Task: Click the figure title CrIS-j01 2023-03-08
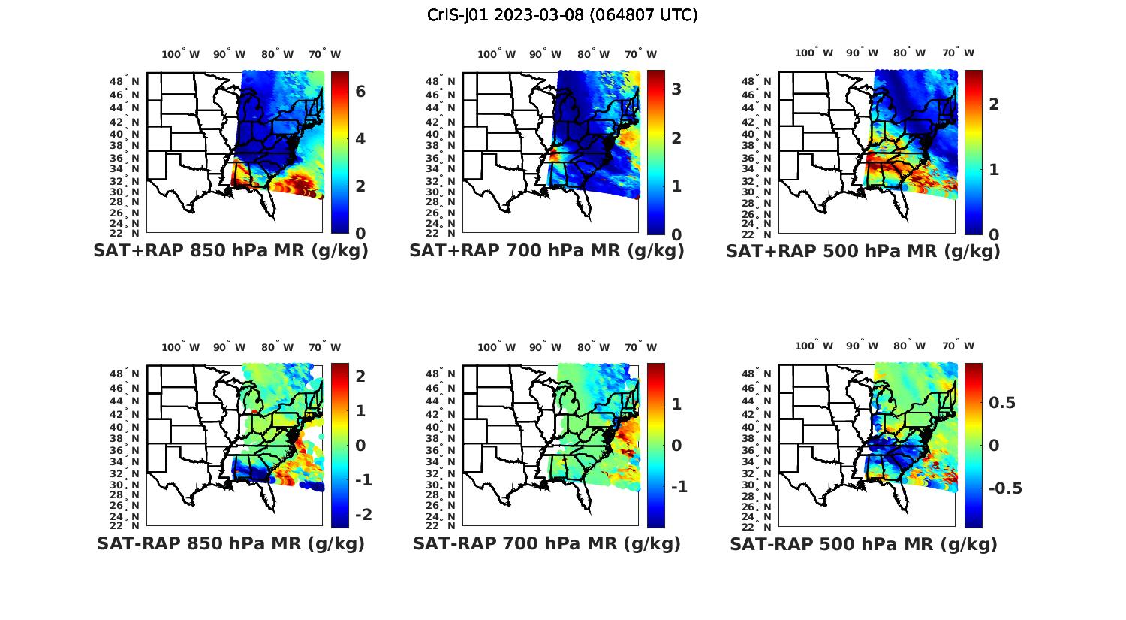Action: (x=562, y=15)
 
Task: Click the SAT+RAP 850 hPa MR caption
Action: (x=230, y=251)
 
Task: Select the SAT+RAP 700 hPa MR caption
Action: (x=546, y=251)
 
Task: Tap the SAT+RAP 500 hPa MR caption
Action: (x=863, y=251)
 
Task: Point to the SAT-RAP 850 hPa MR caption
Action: (x=230, y=543)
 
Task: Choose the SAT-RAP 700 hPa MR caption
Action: (x=546, y=543)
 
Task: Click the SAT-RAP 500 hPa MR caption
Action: (x=863, y=544)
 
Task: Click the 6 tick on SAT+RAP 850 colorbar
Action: (x=360, y=92)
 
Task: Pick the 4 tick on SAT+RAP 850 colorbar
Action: (x=360, y=139)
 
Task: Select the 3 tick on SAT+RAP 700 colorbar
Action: (x=676, y=89)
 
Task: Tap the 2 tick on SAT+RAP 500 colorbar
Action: (x=994, y=104)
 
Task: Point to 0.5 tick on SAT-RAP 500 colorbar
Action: (x=1002, y=403)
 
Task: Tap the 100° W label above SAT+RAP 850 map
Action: (x=181, y=54)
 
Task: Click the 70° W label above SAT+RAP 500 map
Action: (x=958, y=53)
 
